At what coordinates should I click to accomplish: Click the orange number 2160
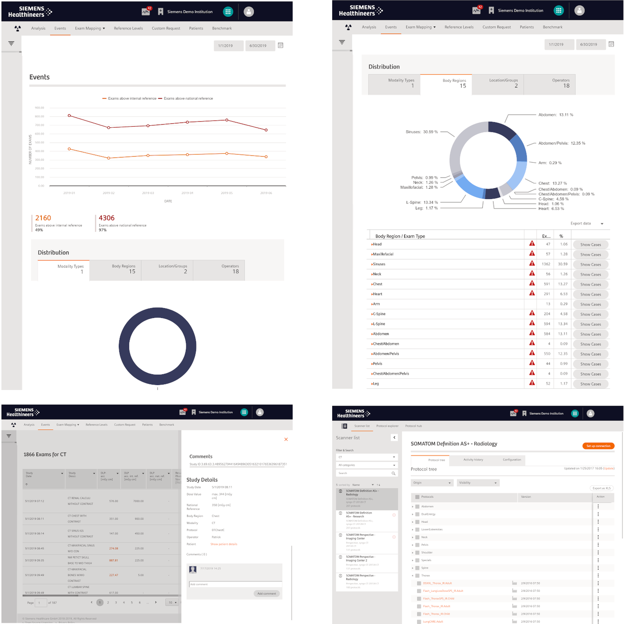pos(43,218)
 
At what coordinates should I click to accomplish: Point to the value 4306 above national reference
pos(106,218)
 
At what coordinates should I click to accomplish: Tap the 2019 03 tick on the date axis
pos(148,193)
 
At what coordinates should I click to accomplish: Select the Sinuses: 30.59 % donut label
pos(421,132)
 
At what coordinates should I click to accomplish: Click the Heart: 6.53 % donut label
pos(551,209)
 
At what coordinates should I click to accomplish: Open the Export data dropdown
pos(587,224)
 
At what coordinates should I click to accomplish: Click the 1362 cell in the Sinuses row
pos(546,264)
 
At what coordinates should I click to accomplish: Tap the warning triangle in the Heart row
pos(532,293)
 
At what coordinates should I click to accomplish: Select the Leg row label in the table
pos(376,384)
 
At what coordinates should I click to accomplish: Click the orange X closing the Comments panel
pos(286,440)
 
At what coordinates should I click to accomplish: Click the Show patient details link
pos(224,544)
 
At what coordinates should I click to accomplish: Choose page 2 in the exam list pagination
pos(108,602)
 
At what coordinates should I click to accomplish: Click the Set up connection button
pos(598,446)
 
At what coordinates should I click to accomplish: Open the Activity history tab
pos(473,460)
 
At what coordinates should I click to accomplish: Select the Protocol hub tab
pos(413,426)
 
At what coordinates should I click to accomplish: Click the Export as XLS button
pos(601,488)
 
